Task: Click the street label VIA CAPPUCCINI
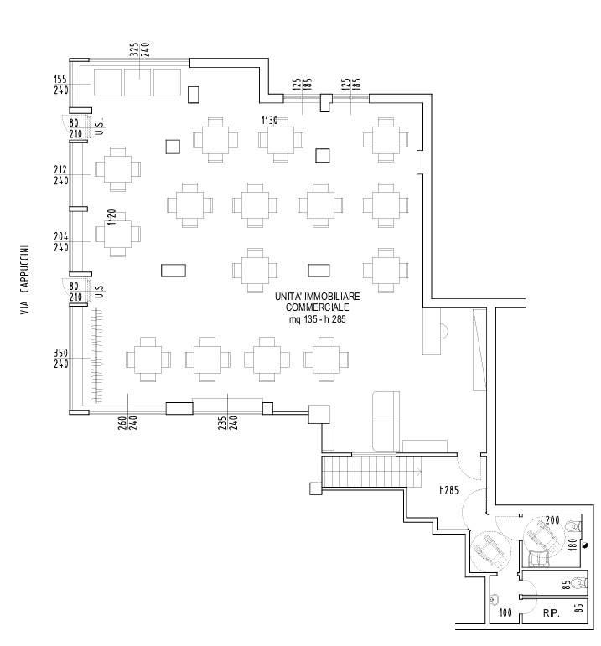pyautogui.click(x=25, y=280)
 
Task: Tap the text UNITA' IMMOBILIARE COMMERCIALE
pyautogui.click(x=317, y=302)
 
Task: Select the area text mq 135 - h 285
pyautogui.click(x=317, y=319)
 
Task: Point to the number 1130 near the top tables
pyautogui.click(x=269, y=121)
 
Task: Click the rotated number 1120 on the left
pyautogui.click(x=111, y=217)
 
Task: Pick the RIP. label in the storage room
pyautogui.click(x=551, y=613)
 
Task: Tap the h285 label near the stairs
pyautogui.click(x=449, y=490)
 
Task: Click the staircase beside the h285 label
pyautogui.click(x=371, y=471)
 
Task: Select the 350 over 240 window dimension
pyautogui.click(x=61, y=359)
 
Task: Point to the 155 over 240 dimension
pyautogui.click(x=61, y=85)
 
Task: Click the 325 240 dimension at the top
pyautogui.click(x=139, y=49)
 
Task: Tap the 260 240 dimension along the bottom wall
pyautogui.click(x=127, y=423)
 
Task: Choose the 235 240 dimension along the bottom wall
pyautogui.click(x=227, y=423)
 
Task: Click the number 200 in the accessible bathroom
pyautogui.click(x=552, y=520)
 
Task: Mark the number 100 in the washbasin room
pyautogui.click(x=505, y=612)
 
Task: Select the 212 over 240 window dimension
pyautogui.click(x=61, y=175)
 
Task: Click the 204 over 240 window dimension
pyautogui.click(x=61, y=242)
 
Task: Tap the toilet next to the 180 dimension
pyautogui.click(x=574, y=526)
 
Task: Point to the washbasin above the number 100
pyautogui.click(x=495, y=599)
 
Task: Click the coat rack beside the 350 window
pyautogui.click(x=96, y=355)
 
